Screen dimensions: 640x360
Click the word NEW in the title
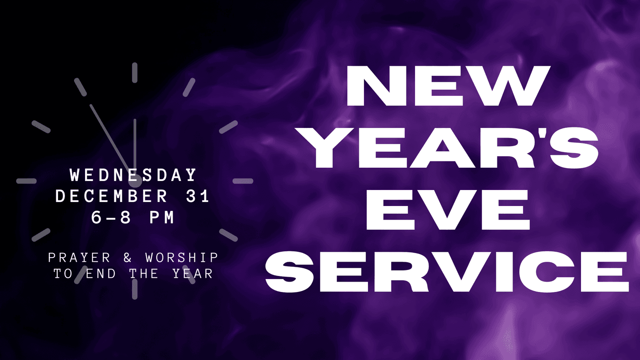tap(448, 85)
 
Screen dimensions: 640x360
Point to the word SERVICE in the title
tap(447, 272)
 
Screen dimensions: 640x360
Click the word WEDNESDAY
tap(133, 175)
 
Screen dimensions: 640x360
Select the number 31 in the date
tap(197, 196)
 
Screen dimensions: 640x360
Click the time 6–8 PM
tap(133, 217)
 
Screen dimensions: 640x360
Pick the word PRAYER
tap(79, 258)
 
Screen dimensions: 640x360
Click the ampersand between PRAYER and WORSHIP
tap(128, 258)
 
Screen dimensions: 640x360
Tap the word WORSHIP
tap(182, 258)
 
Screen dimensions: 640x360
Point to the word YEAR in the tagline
tap(193, 274)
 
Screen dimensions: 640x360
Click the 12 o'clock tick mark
tap(134, 73)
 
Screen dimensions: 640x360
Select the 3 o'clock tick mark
tap(243, 181)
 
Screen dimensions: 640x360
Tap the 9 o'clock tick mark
tap(27, 181)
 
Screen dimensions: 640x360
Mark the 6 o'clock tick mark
tap(135, 289)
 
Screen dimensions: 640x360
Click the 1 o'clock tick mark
tap(189, 87)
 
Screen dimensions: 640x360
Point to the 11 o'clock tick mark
tap(80, 87)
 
